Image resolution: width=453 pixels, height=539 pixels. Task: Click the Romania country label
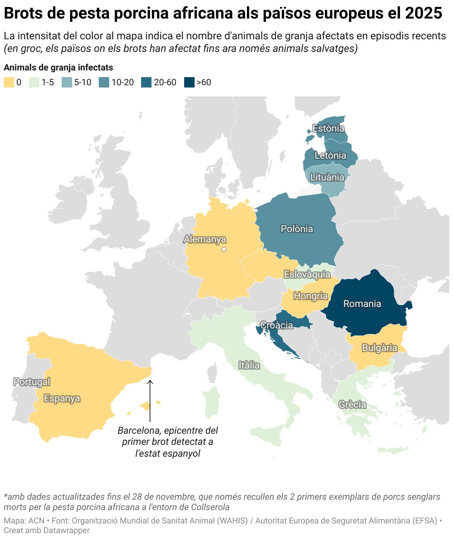(x=362, y=304)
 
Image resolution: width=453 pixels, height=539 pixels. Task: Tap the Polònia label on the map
(x=297, y=229)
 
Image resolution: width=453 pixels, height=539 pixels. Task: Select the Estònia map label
(x=328, y=128)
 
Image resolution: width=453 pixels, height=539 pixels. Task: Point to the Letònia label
(x=330, y=155)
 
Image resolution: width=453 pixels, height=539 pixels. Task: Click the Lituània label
(x=327, y=177)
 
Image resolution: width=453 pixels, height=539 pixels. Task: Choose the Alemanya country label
(x=205, y=239)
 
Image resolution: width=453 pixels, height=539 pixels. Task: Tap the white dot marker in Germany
(x=224, y=249)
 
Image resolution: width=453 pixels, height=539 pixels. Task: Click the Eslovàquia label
(x=307, y=274)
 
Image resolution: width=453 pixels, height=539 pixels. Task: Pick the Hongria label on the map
(x=310, y=296)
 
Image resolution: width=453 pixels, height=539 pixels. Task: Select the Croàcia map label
(x=277, y=325)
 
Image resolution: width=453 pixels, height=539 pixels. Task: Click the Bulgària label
(x=379, y=348)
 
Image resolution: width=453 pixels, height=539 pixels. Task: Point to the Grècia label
(x=352, y=404)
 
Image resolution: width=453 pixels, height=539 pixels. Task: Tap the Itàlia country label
(x=249, y=366)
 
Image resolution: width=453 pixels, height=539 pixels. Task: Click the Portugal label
(x=32, y=382)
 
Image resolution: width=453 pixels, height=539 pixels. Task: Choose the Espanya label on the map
(x=62, y=398)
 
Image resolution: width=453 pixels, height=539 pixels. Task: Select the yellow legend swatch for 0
(x=9, y=82)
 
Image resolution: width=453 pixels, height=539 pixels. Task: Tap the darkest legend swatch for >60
(x=189, y=82)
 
